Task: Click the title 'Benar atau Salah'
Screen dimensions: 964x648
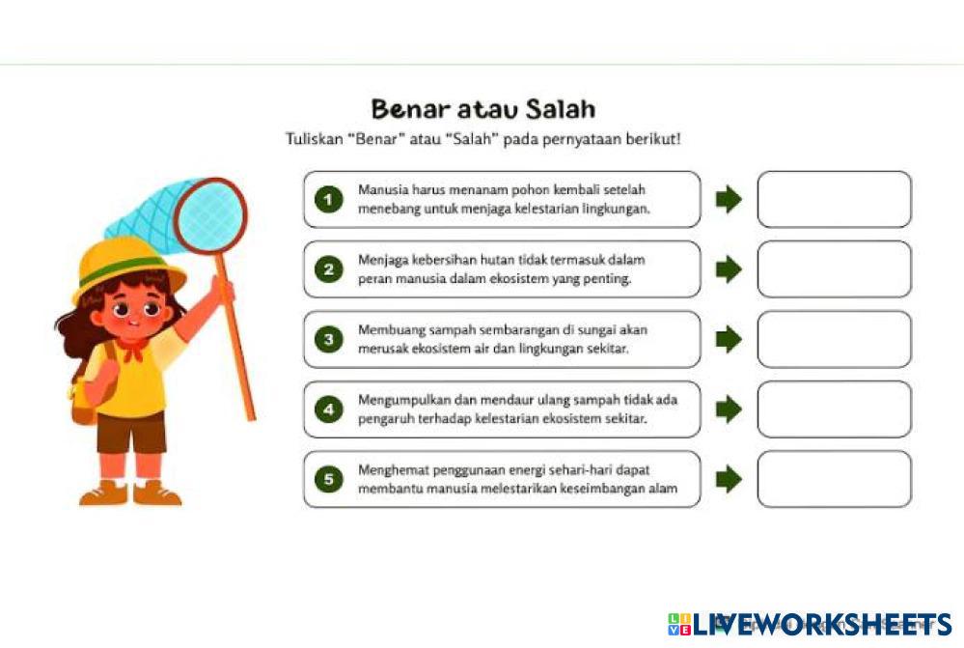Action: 483,109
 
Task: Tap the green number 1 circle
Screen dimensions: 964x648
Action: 329,199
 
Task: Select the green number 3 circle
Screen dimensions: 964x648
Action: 329,339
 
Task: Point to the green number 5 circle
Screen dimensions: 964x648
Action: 329,479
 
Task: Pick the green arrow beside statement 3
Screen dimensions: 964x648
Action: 729,339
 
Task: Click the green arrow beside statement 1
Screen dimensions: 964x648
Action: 729,199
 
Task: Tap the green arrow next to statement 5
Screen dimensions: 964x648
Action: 729,479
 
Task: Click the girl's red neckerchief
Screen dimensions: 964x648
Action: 133,349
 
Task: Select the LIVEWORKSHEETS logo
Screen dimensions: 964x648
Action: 811,624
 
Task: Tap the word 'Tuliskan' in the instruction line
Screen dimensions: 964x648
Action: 315,139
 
